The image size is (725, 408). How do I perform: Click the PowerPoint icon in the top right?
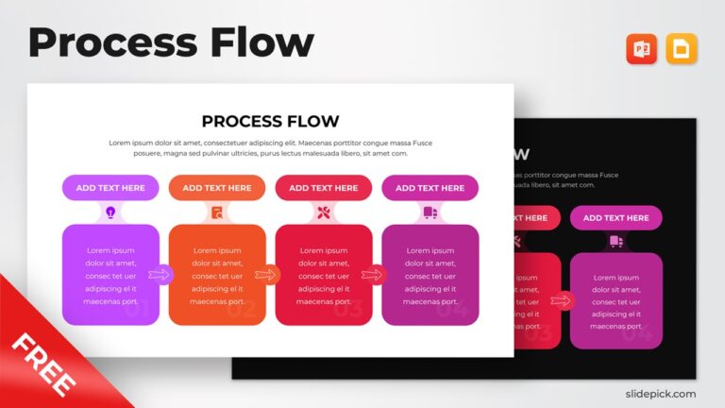(x=641, y=49)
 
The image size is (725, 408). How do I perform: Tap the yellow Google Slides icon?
(x=682, y=49)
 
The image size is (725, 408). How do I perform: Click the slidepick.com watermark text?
(x=661, y=394)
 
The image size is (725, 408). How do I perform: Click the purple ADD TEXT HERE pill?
(x=110, y=188)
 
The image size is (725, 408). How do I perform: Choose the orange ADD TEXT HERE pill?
(x=217, y=188)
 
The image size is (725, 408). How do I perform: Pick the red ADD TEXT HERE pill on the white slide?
(x=324, y=188)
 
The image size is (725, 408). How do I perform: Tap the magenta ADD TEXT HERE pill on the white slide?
(x=430, y=188)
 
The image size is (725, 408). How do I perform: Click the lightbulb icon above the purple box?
(x=110, y=212)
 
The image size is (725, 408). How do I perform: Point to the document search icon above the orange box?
(x=217, y=212)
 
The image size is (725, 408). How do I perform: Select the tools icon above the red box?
(x=324, y=212)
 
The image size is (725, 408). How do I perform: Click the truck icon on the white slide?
(x=430, y=212)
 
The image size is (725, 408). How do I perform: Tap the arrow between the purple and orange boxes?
(x=160, y=275)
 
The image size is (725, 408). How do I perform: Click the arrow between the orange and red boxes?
(x=267, y=275)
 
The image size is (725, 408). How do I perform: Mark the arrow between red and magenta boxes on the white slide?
(x=374, y=275)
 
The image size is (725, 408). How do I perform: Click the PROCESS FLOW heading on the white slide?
(x=270, y=121)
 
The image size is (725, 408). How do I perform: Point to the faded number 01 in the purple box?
(x=136, y=309)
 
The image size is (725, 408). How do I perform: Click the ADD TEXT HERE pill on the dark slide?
(x=615, y=218)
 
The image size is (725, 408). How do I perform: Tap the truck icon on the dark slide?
(x=615, y=242)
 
